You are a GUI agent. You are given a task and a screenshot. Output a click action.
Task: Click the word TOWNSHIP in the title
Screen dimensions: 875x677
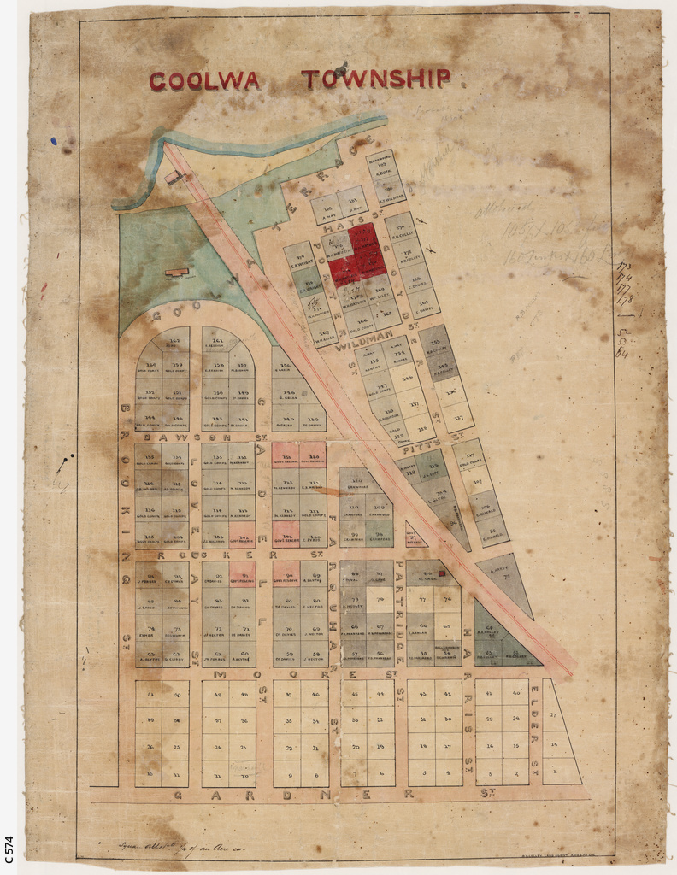click(375, 79)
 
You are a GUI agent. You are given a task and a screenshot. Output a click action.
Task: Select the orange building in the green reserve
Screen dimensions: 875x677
click(176, 273)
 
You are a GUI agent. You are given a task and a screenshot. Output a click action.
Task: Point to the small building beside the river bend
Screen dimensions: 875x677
click(174, 178)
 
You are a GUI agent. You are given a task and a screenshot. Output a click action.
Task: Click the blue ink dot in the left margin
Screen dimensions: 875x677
click(53, 141)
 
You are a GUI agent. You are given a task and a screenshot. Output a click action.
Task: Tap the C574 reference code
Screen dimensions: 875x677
click(9, 851)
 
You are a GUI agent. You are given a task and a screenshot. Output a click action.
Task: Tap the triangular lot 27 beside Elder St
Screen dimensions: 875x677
click(553, 714)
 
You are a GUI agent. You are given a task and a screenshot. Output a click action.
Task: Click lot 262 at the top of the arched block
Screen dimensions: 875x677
click(175, 340)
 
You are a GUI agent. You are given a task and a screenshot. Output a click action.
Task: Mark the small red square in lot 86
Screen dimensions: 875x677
click(442, 573)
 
